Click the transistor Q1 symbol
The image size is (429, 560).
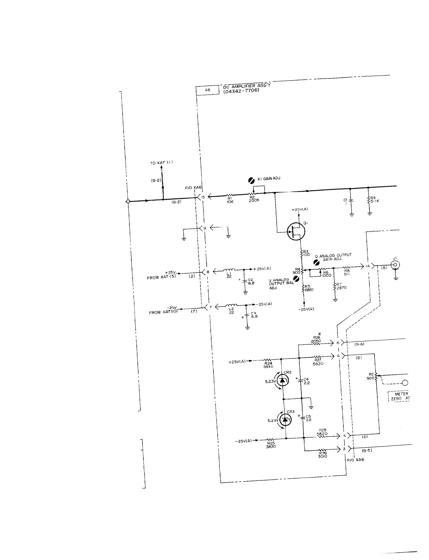(296, 232)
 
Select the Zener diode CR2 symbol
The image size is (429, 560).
(282, 380)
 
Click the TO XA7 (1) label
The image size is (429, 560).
(161, 163)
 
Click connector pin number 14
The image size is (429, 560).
(368, 266)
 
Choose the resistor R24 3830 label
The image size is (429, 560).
(268, 364)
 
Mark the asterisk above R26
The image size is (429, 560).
(319, 334)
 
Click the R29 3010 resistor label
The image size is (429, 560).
(323, 454)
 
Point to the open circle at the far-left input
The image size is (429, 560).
(128, 202)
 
